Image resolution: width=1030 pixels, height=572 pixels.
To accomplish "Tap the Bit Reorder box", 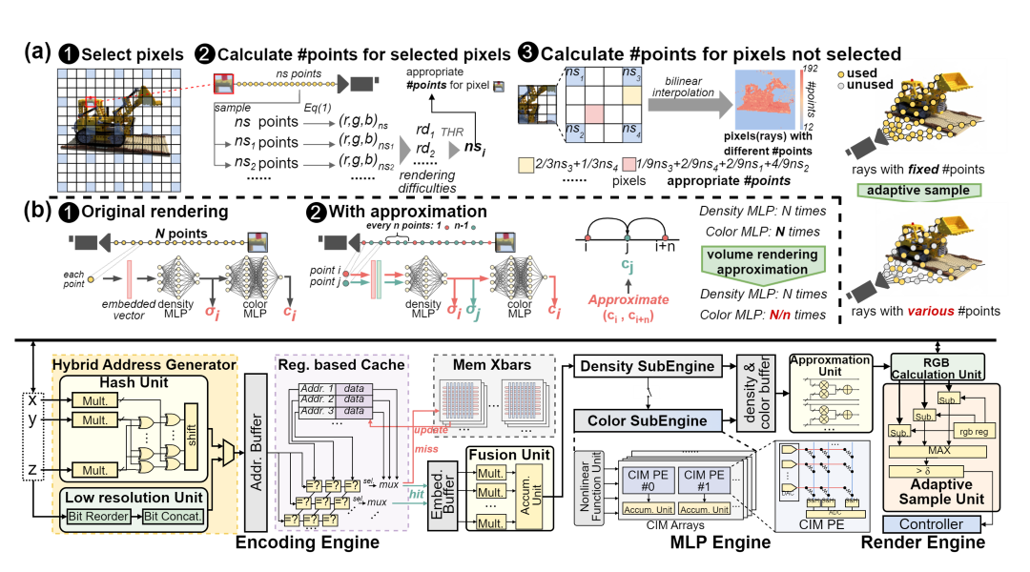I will (97, 516).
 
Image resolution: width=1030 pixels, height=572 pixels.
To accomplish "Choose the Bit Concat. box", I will (175, 516).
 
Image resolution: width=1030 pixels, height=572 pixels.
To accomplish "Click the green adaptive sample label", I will (918, 190).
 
